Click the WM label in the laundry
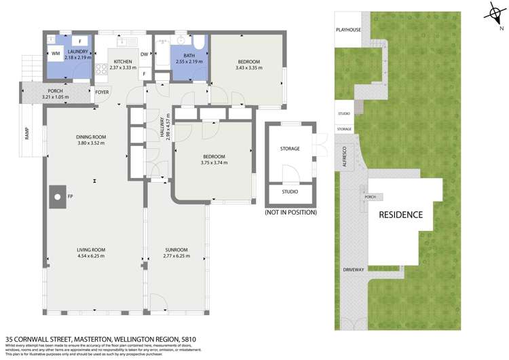click(55, 52)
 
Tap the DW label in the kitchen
click(145, 54)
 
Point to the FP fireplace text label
click(69, 197)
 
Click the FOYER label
click(102, 92)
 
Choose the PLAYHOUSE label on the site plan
click(349, 30)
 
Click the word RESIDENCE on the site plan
click(400, 215)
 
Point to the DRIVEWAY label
click(354, 270)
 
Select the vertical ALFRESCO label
click(344, 156)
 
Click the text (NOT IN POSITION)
click(290, 213)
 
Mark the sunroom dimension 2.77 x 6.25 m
click(177, 257)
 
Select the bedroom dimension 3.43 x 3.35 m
click(248, 68)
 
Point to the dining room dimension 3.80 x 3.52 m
click(92, 143)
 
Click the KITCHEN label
click(123, 61)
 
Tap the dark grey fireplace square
click(57, 197)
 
